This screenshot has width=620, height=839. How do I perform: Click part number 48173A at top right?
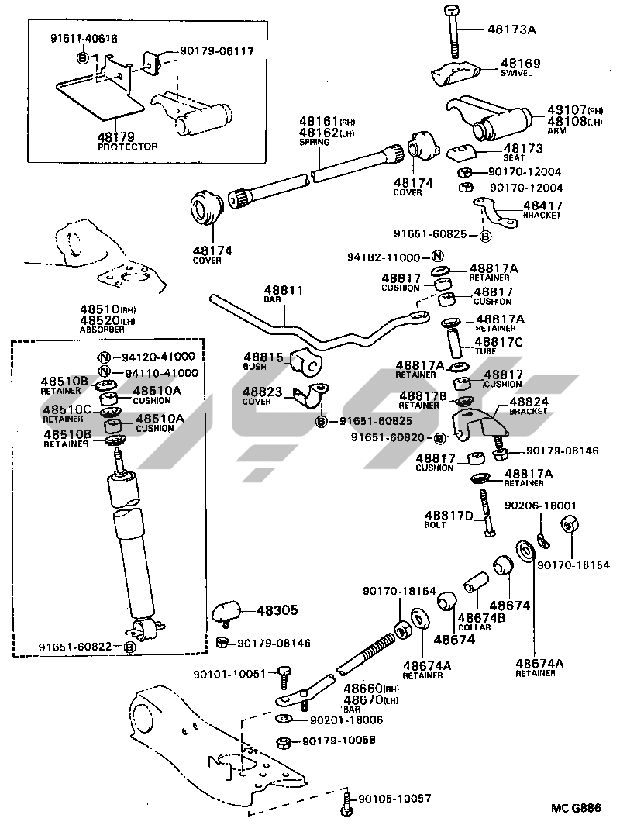pos(512,29)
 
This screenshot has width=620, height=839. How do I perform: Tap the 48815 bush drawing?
pos(305,361)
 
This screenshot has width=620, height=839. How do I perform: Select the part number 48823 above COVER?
pos(263,392)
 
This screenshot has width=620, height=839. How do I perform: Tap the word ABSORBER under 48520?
pos(102,330)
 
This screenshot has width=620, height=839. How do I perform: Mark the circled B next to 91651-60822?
pos(130,647)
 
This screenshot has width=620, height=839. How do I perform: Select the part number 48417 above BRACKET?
pos(543,205)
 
